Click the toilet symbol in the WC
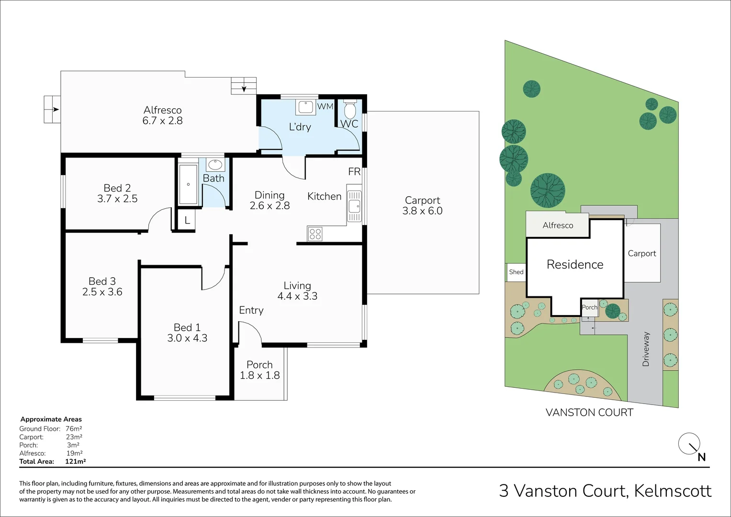(350, 110)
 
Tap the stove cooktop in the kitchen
(315, 234)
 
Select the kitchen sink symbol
(354, 206)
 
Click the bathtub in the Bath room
(188, 185)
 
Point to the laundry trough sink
(305, 107)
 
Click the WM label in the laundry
(325, 106)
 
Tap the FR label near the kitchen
(354, 172)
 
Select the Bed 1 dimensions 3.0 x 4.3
(187, 338)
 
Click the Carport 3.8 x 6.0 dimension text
(422, 211)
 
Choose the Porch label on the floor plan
(259, 365)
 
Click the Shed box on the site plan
(516, 272)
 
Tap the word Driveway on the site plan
(646, 349)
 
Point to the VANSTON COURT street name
(589, 413)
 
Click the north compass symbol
(690, 445)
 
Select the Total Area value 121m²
(75, 461)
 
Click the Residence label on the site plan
(575, 265)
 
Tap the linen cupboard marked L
(187, 221)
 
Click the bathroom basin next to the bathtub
(215, 165)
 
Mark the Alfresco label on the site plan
(558, 225)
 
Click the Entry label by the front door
(251, 310)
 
